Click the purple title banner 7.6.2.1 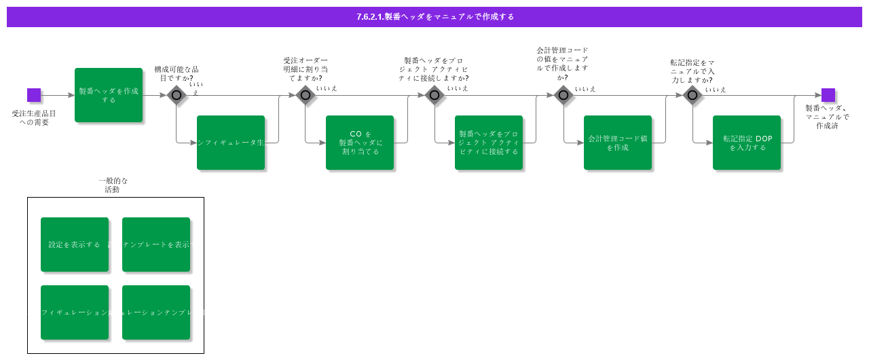click(x=434, y=17)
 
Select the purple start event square click(x=34, y=95)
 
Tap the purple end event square click(x=828, y=95)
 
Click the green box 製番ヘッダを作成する click(x=109, y=95)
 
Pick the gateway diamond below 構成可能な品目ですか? click(x=177, y=95)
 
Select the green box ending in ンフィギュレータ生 click(x=231, y=143)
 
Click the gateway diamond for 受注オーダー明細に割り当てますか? click(x=306, y=95)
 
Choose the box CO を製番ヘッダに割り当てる click(x=360, y=143)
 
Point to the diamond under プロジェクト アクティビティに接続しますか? click(x=434, y=95)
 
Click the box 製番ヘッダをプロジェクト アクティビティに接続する click(x=489, y=143)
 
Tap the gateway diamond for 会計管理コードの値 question click(x=563, y=95)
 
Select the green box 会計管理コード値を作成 click(x=618, y=143)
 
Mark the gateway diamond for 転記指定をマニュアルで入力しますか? click(x=692, y=95)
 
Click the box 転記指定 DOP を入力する click(x=747, y=143)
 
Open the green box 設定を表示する click(x=75, y=245)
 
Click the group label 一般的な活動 click(x=113, y=185)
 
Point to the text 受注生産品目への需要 click(x=34, y=118)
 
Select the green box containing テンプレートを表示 click(x=156, y=245)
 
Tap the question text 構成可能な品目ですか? click(x=177, y=73)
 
